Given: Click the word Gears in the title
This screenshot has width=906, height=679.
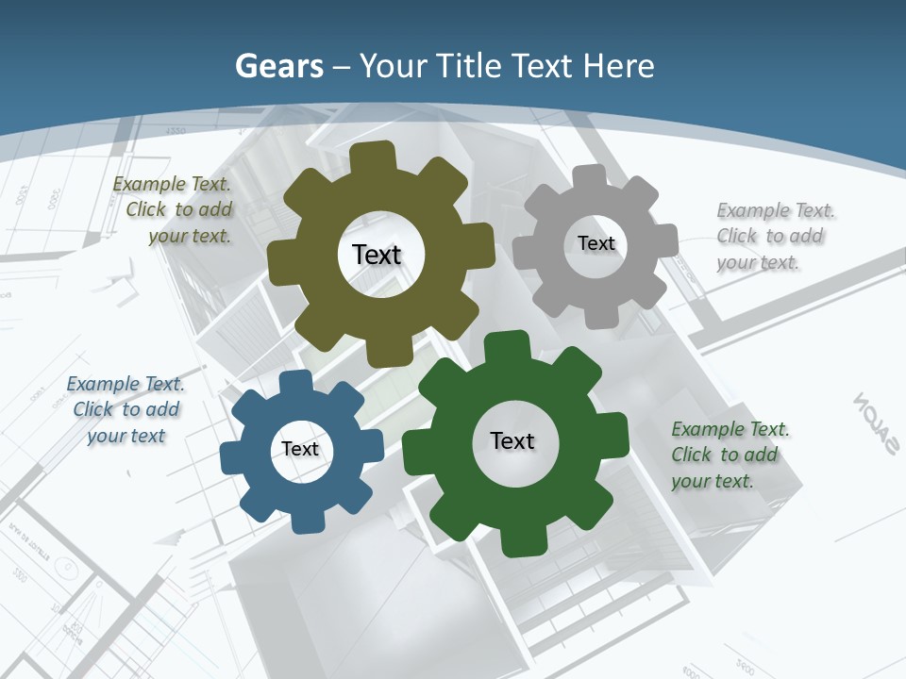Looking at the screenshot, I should point(279,66).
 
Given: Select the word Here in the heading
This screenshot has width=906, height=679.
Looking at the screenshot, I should point(618,66).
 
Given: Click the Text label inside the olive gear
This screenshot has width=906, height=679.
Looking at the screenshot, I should point(377,255).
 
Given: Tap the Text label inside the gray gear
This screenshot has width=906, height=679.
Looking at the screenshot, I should point(596,243).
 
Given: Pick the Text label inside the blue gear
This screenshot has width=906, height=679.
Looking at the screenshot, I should point(299,449).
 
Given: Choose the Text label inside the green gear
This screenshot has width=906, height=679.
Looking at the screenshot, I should point(512,440).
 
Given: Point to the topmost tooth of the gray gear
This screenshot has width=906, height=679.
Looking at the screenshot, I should point(590,178).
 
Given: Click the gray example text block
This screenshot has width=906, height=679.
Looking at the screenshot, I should point(772,236).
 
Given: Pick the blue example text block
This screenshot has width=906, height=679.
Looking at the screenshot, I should point(126,409).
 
